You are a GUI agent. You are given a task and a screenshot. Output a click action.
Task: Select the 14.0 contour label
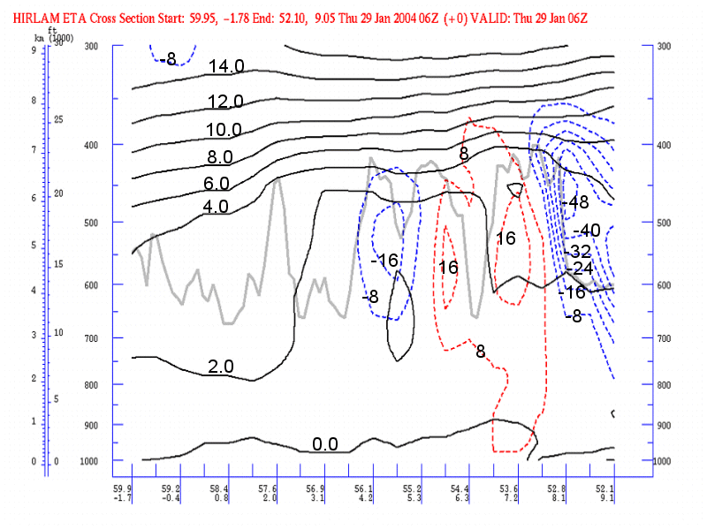225,66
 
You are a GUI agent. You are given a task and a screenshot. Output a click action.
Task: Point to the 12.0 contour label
225,101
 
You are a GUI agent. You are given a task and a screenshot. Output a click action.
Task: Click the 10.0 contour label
224,130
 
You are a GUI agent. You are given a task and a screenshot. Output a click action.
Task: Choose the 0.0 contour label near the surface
325,443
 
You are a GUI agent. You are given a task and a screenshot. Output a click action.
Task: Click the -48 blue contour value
576,202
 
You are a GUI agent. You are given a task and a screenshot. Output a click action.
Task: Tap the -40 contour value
587,231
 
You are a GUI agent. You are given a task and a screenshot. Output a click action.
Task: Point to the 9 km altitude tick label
34,50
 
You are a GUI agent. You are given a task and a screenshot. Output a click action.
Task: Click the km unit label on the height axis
39,39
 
